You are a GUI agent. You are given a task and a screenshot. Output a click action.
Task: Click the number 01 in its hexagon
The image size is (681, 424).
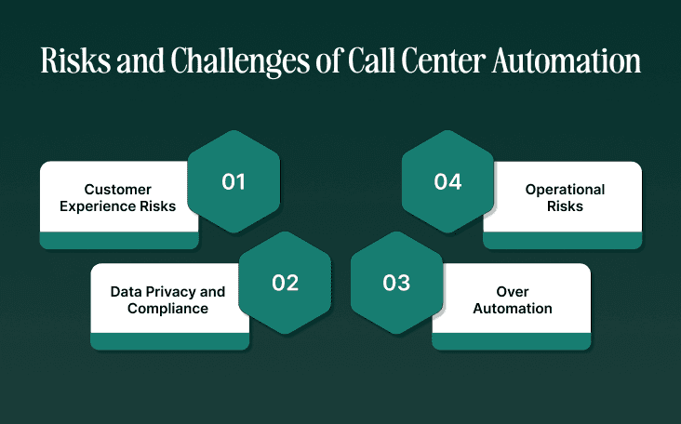pos(233,181)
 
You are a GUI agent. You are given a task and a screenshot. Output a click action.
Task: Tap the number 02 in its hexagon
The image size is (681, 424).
pos(285,284)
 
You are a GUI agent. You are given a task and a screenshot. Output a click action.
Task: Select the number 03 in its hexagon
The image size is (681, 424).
pos(396,284)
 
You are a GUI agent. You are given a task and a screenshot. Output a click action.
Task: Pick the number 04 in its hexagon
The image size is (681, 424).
pos(447,181)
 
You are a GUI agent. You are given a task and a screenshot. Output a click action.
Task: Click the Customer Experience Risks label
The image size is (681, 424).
pos(118,198)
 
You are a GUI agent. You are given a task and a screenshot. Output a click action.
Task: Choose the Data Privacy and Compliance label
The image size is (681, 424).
pos(167,299)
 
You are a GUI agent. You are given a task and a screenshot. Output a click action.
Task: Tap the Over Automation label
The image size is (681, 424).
pos(513,299)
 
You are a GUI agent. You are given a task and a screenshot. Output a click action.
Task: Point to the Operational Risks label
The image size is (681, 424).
pos(565,198)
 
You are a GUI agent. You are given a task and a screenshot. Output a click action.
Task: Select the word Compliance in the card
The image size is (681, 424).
pos(167,308)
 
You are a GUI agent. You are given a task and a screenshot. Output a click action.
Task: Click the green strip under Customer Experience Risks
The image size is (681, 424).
pos(119,241)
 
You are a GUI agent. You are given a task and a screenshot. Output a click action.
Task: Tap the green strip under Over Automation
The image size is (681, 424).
pos(512,341)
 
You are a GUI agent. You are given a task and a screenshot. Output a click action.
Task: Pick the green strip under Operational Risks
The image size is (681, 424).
pos(563,241)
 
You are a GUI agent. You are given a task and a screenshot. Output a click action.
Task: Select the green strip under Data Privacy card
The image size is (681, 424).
pos(169,341)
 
